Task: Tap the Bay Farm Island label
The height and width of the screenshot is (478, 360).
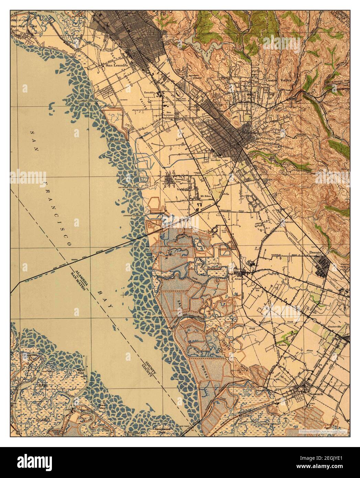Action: pyautogui.click(x=23, y=26)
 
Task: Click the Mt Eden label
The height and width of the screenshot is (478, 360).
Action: pyautogui.click(x=205, y=197)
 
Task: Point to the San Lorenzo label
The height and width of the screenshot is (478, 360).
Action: pyautogui.click(x=169, y=114)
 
